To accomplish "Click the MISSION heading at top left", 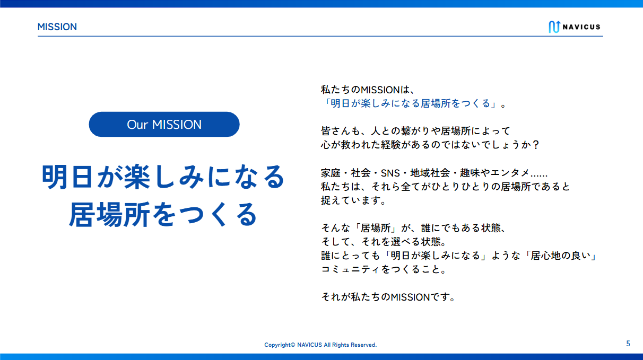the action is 57,27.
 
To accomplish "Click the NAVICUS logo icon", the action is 554,27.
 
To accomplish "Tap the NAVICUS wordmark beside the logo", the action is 581,27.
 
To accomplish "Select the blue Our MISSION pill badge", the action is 164,124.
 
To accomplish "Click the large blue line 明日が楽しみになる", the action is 163,177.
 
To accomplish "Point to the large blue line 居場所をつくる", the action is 163,215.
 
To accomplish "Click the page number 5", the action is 628,344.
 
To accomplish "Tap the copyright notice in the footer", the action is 320,345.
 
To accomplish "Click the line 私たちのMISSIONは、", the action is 368,90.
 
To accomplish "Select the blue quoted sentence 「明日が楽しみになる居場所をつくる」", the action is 411,103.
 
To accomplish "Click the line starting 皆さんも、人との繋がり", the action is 415,131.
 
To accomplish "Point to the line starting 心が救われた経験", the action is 430,145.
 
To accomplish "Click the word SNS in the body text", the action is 390,173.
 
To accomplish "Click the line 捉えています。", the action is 353,200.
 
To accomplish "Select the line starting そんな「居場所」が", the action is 414,228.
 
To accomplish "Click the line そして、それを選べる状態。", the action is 384,242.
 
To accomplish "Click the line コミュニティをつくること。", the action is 384,269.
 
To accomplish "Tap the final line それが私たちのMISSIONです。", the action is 388,297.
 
